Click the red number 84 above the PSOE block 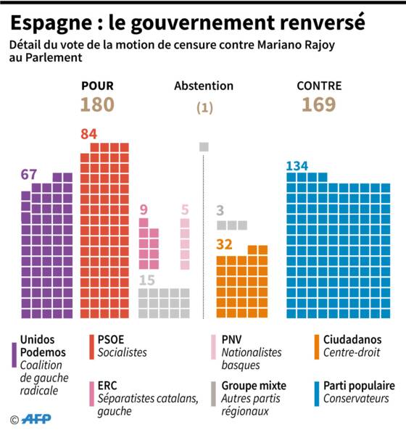point(88,134)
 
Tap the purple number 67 point(28,175)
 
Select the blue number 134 point(297,166)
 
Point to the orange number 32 point(224,244)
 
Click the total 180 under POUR point(97,104)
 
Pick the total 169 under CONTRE point(319,104)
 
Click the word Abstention point(204,86)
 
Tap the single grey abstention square point(204,146)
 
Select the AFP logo point(36,419)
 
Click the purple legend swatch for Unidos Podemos point(14,355)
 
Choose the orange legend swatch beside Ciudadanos point(317,347)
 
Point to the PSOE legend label point(111,340)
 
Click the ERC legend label point(107,386)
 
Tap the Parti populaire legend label point(359,386)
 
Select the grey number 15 point(146,280)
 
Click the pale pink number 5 point(185,210)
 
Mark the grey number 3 point(220,210)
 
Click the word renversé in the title point(322,22)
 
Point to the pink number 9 point(144,210)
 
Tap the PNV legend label point(232,340)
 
